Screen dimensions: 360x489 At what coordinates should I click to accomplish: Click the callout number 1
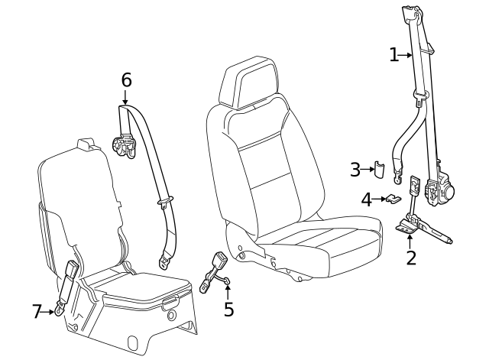point(394,54)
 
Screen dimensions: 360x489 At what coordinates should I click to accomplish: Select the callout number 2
point(411,258)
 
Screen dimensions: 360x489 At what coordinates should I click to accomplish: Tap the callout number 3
point(355,170)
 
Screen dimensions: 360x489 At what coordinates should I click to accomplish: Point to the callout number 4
point(368,200)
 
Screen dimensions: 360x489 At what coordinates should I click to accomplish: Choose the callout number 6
point(126,79)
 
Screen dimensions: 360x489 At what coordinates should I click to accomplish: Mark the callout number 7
point(37,311)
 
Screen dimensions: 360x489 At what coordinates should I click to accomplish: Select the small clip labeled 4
point(392,199)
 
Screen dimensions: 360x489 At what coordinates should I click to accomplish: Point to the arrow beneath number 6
point(126,96)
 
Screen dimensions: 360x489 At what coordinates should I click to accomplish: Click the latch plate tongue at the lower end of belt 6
point(166,261)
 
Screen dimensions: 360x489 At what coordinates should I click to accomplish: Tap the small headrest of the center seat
point(87,144)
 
